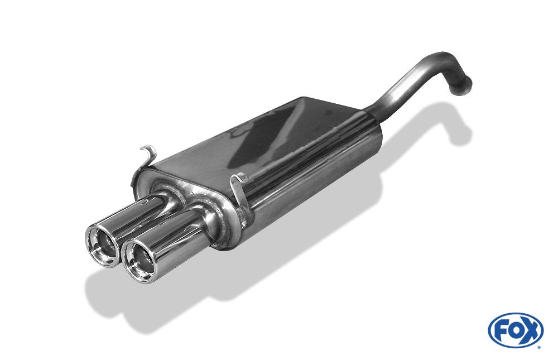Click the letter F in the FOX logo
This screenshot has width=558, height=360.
pos(502,331)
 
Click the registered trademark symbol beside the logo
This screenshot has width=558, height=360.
pos(538,347)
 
